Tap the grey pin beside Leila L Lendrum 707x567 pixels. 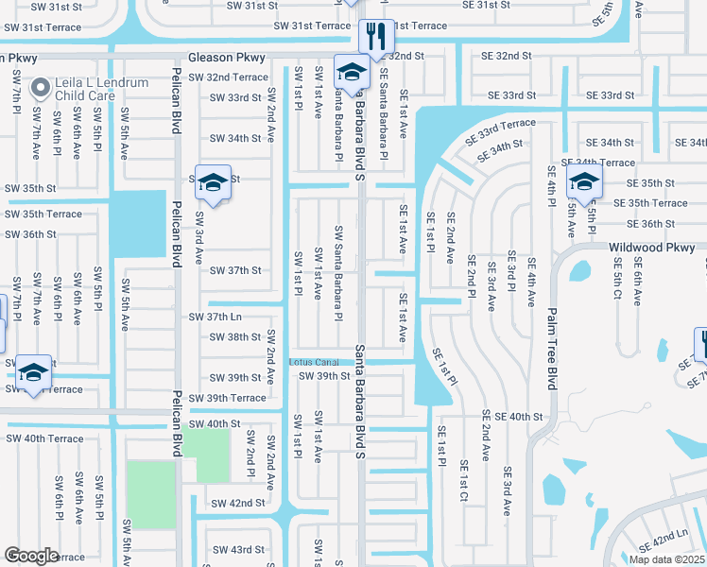40,89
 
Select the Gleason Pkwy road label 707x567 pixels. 221,57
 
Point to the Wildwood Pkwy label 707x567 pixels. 653,248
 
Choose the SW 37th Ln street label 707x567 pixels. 216,317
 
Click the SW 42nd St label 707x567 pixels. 237,504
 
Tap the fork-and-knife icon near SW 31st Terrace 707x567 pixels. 377,37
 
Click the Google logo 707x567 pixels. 31,556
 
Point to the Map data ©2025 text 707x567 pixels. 665,559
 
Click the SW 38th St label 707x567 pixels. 234,337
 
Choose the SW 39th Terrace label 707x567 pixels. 227,398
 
